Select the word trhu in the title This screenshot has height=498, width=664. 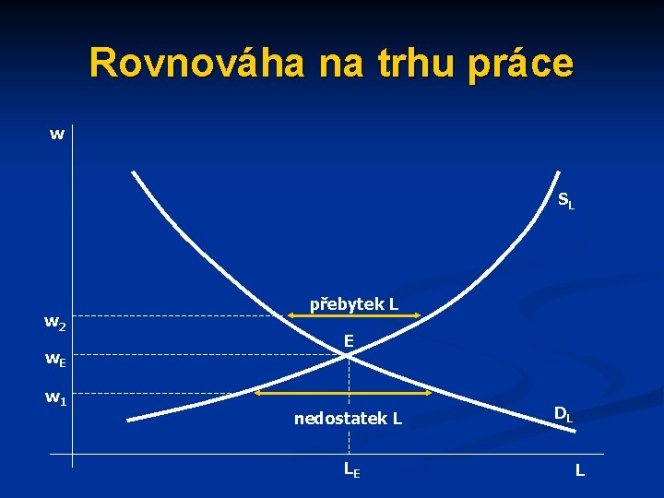[420, 63]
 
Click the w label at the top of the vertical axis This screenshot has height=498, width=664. [57, 135]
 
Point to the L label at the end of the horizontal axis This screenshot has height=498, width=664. [579, 470]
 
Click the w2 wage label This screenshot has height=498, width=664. [55, 323]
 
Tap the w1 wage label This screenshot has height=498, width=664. [55, 398]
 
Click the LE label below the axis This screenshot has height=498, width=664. [351, 469]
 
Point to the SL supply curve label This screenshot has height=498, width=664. [565, 200]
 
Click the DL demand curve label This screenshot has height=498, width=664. [563, 415]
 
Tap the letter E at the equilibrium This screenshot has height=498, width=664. [349, 341]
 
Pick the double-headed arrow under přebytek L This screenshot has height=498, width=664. [353, 316]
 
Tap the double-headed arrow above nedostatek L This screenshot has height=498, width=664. [344, 394]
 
